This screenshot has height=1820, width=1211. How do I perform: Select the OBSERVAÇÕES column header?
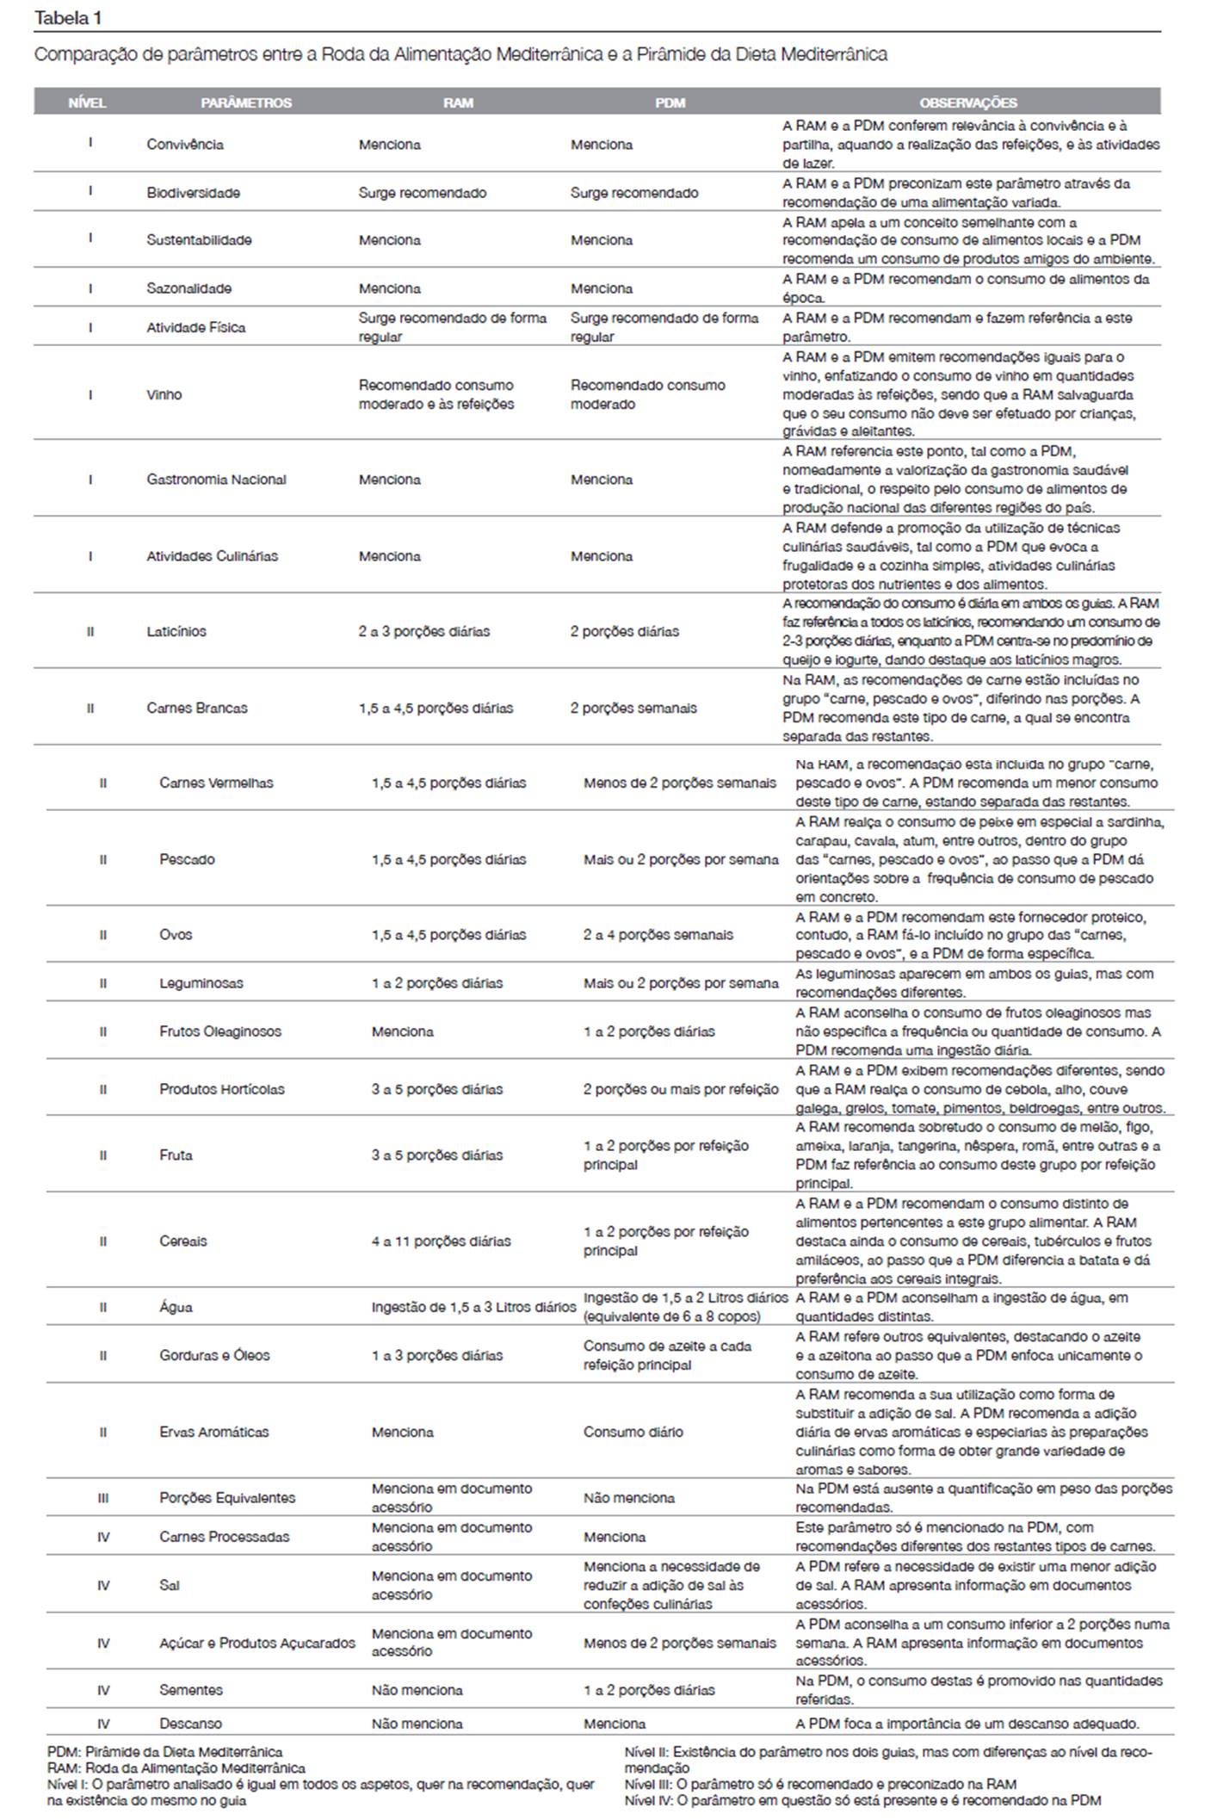pyautogui.click(x=968, y=102)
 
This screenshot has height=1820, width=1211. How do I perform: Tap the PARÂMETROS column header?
pyautogui.click(x=246, y=102)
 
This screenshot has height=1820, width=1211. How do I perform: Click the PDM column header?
pyautogui.click(x=670, y=102)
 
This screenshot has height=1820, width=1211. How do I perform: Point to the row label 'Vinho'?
pyautogui.click(x=164, y=394)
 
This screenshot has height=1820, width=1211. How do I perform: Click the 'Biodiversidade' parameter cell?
pyautogui.click(x=193, y=193)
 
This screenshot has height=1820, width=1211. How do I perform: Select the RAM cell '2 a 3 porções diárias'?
pyautogui.click(x=424, y=631)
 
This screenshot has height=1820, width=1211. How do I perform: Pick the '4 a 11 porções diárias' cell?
pyautogui.click(x=441, y=1241)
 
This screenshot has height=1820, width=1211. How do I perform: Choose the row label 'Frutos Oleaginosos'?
pyautogui.click(x=220, y=1031)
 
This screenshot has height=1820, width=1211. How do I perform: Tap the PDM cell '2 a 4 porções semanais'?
pyautogui.click(x=658, y=934)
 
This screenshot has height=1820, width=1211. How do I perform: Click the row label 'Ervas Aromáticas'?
pyautogui.click(x=214, y=1432)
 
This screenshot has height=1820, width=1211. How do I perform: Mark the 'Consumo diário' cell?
pyautogui.click(x=633, y=1432)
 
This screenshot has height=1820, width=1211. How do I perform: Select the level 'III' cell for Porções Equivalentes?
pyautogui.click(x=103, y=1497)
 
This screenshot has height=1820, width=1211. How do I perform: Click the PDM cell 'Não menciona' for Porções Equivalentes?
pyautogui.click(x=629, y=1497)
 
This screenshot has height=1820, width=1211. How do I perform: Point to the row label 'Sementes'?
pyautogui.click(x=191, y=1690)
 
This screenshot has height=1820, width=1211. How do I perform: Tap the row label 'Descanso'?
pyautogui.click(x=190, y=1724)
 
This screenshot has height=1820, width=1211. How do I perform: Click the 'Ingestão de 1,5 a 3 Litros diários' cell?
pyautogui.click(x=473, y=1307)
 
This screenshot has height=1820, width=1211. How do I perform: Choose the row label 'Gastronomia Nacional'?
pyautogui.click(x=216, y=480)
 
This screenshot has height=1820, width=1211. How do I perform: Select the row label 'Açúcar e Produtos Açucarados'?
pyautogui.click(x=257, y=1643)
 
